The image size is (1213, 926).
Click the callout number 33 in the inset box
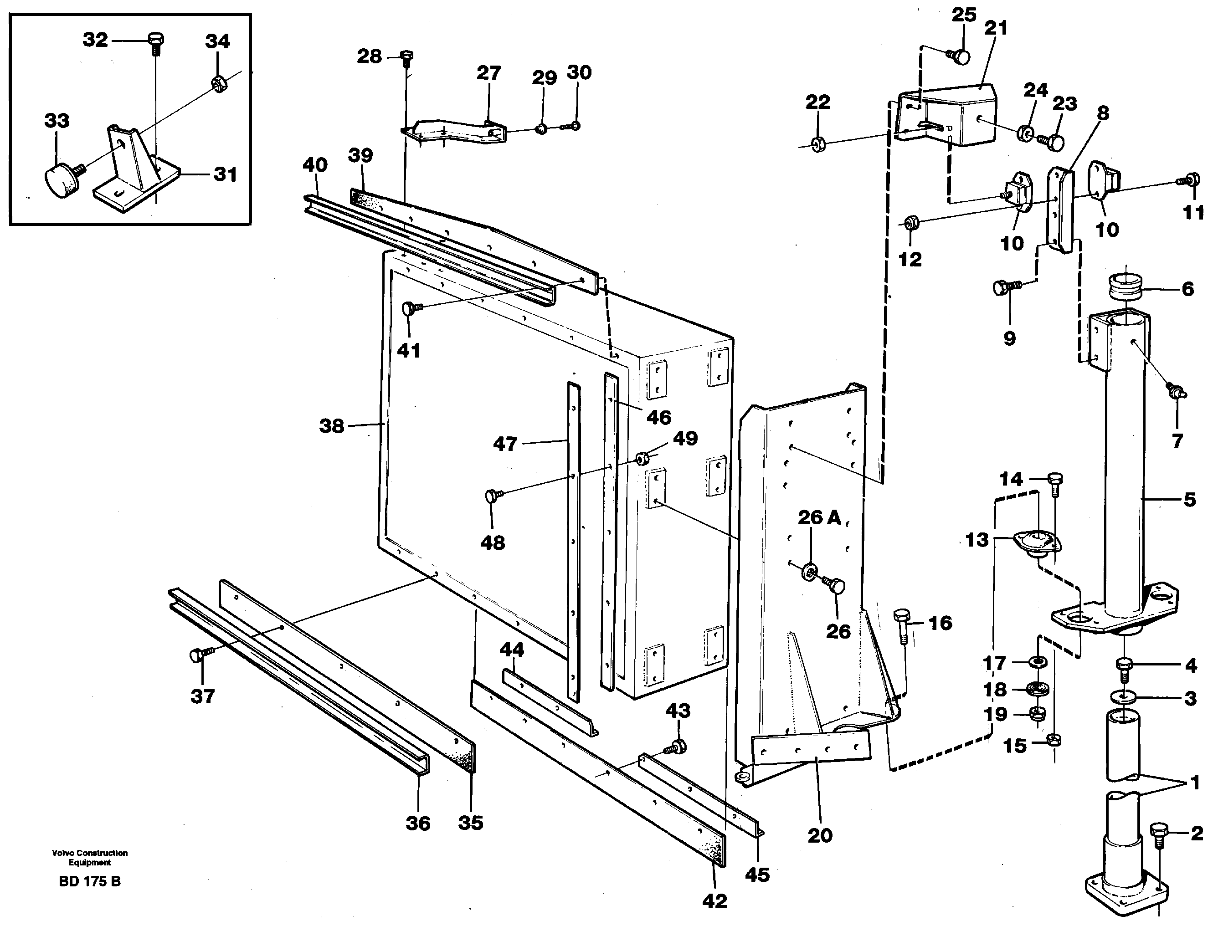pyautogui.click(x=57, y=120)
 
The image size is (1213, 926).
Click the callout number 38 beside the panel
pyautogui.click(x=331, y=425)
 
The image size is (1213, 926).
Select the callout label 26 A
pyautogui.click(x=819, y=517)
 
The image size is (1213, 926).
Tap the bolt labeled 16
pyautogui.click(x=903, y=624)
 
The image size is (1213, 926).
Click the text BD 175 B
pyautogui.click(x=89, y=881)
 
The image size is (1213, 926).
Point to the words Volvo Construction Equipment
pyautogui.click(x=89, y=858)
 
